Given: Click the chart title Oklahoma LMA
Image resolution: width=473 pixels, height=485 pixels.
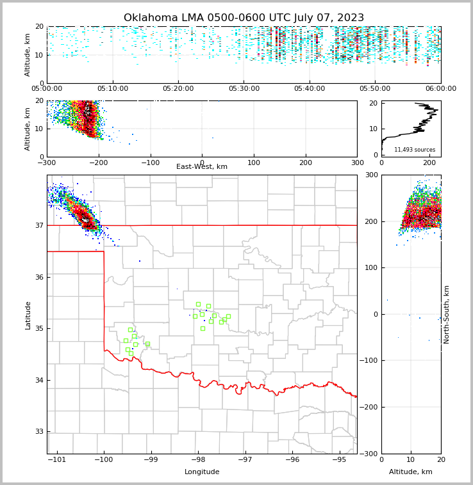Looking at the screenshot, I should [x=244, y=18].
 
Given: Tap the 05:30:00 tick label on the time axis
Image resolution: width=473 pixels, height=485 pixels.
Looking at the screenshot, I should [x=244, y=88].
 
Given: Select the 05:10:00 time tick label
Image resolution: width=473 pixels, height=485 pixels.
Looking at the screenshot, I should [x=113, y=88].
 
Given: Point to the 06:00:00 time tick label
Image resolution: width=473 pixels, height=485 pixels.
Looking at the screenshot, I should [x=440, y=88].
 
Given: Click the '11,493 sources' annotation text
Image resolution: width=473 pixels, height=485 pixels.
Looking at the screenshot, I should [x=415, y=150].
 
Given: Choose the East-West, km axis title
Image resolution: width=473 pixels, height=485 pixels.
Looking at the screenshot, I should [x=202, y=167].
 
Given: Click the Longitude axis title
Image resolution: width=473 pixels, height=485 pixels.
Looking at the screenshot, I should [x=202, y=472].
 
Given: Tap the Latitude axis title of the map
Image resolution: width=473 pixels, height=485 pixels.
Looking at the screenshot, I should [x=28, y=315].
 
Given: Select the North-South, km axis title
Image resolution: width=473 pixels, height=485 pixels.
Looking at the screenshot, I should [x=447, y=314].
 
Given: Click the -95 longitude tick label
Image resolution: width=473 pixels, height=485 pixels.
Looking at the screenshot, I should [x=339, y=460].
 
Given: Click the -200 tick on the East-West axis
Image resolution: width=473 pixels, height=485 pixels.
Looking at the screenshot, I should [x=97, y=163].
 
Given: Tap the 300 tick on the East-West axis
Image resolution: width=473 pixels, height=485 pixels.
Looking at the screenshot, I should [x=357, y=163].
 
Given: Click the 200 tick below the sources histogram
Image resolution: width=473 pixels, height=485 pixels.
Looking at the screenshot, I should [x=429, y=163].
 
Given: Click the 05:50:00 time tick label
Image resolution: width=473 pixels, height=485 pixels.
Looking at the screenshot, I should [x=375, y=88].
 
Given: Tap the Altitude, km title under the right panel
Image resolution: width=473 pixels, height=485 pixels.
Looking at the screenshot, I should [x=411, y=472].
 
